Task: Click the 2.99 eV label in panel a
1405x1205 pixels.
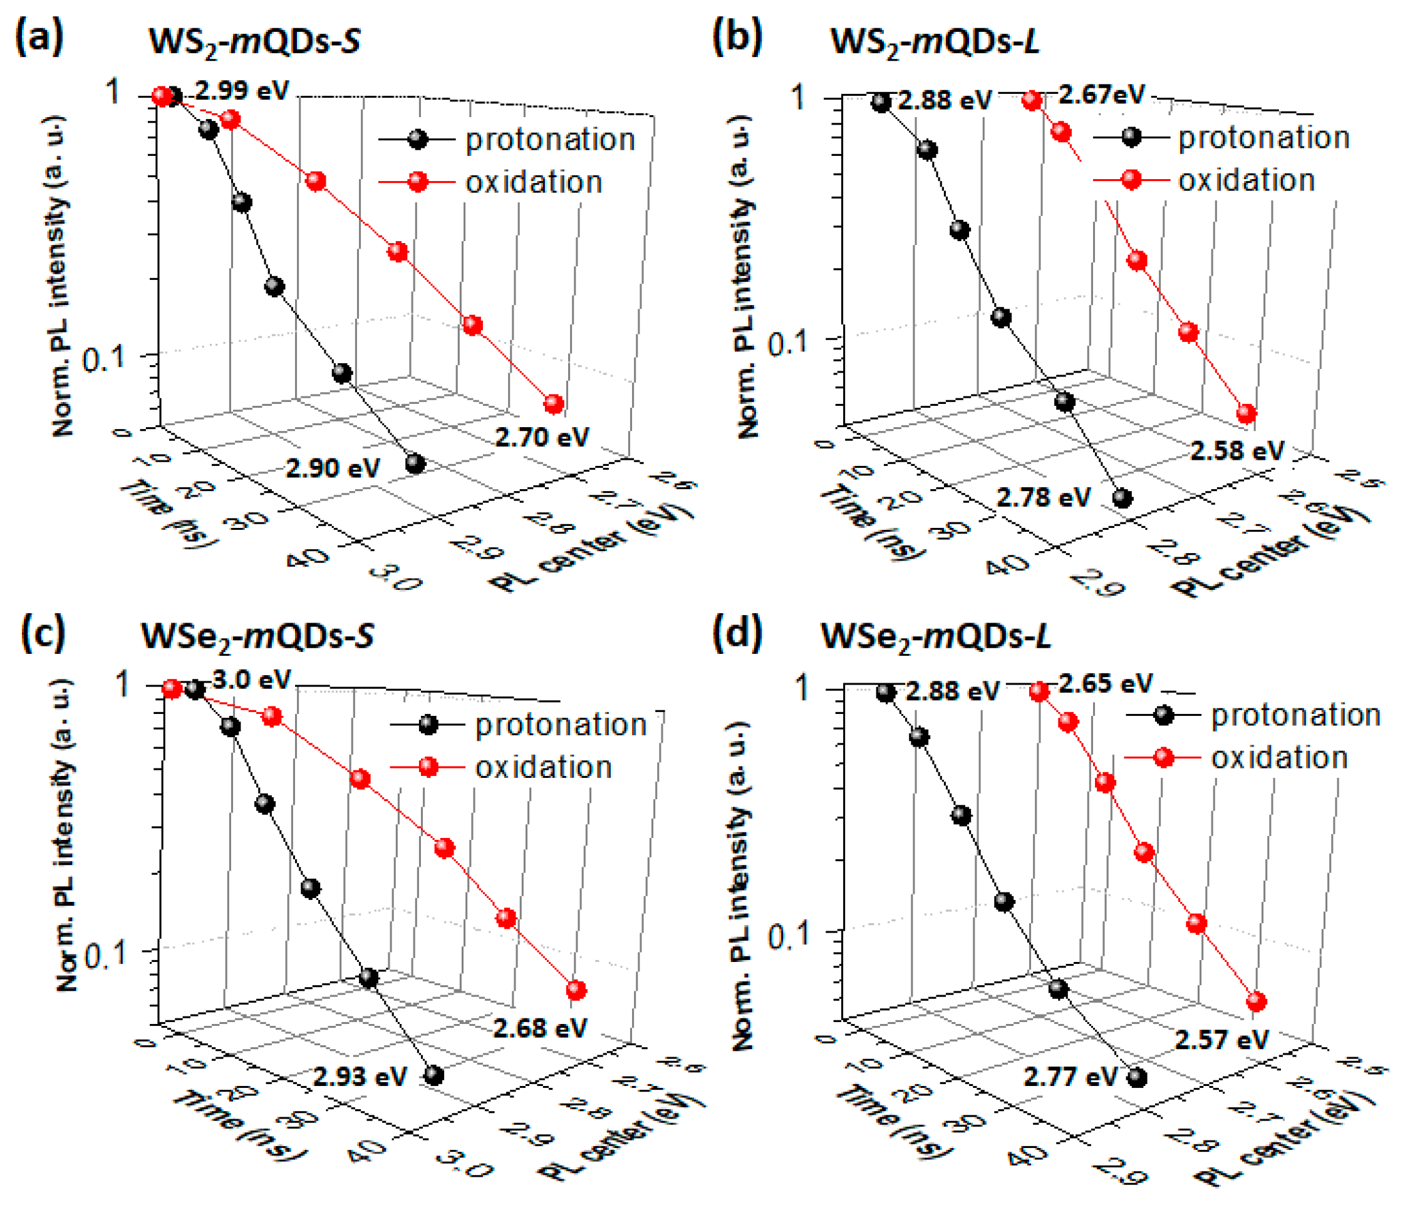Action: click(x=242, y=90)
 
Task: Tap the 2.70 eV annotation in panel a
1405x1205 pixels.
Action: click(x=542, y=437)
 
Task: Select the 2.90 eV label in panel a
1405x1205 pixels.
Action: click(x=332, y=468)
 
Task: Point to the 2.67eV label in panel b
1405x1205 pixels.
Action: click(x=1101, y=94)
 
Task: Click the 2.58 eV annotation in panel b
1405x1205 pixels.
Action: click(x=1237, y=450)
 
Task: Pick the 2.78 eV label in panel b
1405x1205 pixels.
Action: click(x=1043, y=497)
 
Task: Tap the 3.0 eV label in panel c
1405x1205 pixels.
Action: click(x=252, y=680)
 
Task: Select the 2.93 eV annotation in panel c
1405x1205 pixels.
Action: click(x=360, y=1076)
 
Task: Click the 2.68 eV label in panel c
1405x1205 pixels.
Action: click(x=540, y=1028)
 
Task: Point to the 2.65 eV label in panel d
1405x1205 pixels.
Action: click(x=1106, y=683)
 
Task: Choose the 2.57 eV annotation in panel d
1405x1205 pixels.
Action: click(x=1221, y=1040)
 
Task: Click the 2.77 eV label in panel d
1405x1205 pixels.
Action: click(x=1070, y=1076)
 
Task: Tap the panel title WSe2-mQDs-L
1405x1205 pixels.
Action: click(x=936, y=636)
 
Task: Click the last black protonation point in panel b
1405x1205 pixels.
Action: click(x=1122, y=499)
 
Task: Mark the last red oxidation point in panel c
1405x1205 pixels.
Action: click(x=576, y=990)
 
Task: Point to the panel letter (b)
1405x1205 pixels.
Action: click(x=737, y=38)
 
